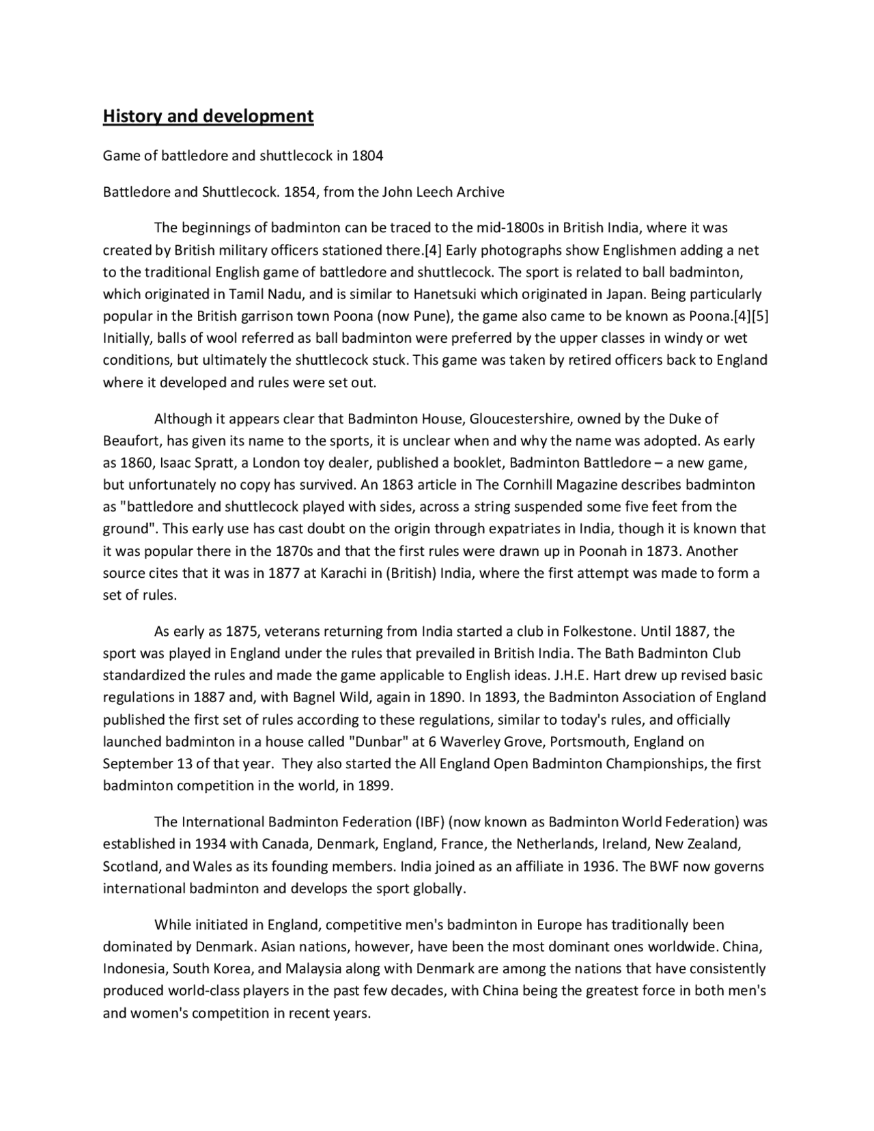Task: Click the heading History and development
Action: coord(208,116)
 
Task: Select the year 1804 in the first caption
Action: coord(367,156)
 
